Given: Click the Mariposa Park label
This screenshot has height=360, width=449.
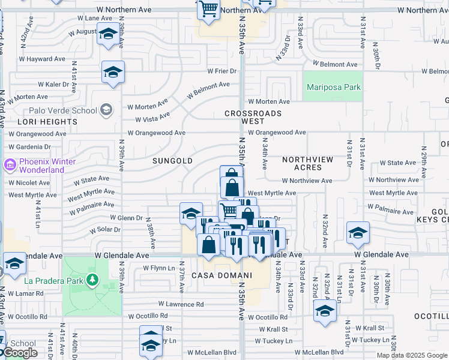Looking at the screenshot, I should pos(334,87).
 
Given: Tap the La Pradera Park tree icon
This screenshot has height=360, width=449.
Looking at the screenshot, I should pos(92,280).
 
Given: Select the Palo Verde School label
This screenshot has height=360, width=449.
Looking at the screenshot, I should pos(62,110).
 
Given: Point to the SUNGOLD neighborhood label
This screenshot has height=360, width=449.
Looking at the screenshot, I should pos(172,161).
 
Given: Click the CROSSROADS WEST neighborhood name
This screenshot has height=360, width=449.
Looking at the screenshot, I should pos(253,117).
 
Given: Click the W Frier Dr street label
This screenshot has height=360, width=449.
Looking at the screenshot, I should pos(222,71).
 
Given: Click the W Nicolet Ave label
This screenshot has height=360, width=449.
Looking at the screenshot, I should pos(29,182).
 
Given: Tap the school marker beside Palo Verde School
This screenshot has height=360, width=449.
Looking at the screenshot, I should pos(106,109).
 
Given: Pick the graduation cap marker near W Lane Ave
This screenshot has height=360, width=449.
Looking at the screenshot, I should pos(108,35).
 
